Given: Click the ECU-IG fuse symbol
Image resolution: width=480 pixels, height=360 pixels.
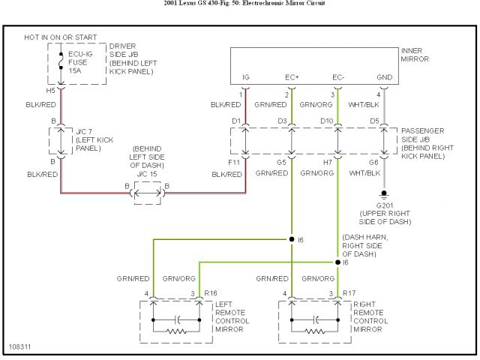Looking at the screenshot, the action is [x=61, y=61].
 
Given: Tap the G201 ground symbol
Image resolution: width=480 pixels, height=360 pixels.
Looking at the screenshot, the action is [x=384, y=195].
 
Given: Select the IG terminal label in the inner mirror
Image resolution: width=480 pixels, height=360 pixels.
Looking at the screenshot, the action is [x=246, y=77].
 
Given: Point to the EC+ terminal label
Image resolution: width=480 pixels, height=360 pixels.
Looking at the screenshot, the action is [x=292, y=77].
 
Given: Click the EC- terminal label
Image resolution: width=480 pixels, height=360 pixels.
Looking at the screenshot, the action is [x=338, y=77].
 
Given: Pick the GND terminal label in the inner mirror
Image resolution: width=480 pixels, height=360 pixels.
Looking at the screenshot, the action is [x=385, y=77].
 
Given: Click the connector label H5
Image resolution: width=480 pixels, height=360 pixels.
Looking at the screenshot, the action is [x=50, y=90].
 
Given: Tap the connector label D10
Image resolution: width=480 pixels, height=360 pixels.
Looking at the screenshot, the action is [x=327, y=121].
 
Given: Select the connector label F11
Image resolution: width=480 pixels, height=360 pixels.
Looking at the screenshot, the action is [x=233, y=162].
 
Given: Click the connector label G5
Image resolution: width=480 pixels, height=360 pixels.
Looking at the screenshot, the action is [x=281, y=162].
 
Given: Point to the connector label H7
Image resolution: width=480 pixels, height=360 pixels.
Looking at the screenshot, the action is [x=328, y=162].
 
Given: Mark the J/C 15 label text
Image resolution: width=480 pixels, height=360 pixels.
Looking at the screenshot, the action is [x=147, y=174].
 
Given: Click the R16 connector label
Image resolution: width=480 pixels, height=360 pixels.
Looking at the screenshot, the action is [x=211, y=293].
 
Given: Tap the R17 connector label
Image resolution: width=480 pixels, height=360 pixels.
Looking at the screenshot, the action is [x=349, y=293].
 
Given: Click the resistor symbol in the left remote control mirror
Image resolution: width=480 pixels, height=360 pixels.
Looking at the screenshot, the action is [x=176, y=331].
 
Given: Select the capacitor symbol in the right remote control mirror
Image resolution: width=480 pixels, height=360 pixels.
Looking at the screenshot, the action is [x=315, y=320].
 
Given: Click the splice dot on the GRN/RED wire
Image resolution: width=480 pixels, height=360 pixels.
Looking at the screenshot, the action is [x=292, y=239].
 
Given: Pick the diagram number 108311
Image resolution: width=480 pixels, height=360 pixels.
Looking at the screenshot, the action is [x=20, y=346].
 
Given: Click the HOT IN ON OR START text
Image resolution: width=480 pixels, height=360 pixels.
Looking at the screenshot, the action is [x=61, y=37].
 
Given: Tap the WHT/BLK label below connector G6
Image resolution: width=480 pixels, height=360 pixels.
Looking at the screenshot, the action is [x=364, y=173].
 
